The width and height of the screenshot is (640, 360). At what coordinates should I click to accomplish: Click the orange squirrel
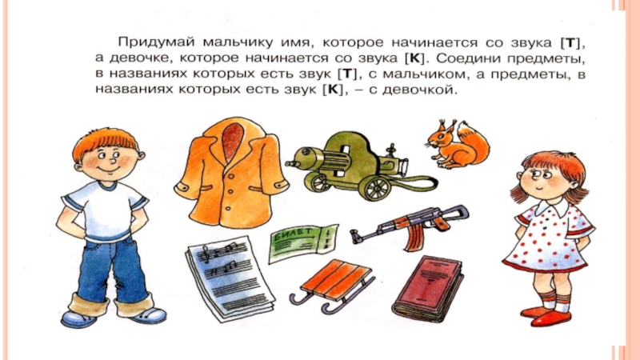458,144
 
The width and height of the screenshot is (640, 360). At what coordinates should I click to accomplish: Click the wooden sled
333,284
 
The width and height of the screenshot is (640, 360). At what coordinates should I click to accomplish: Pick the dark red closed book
428,287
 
